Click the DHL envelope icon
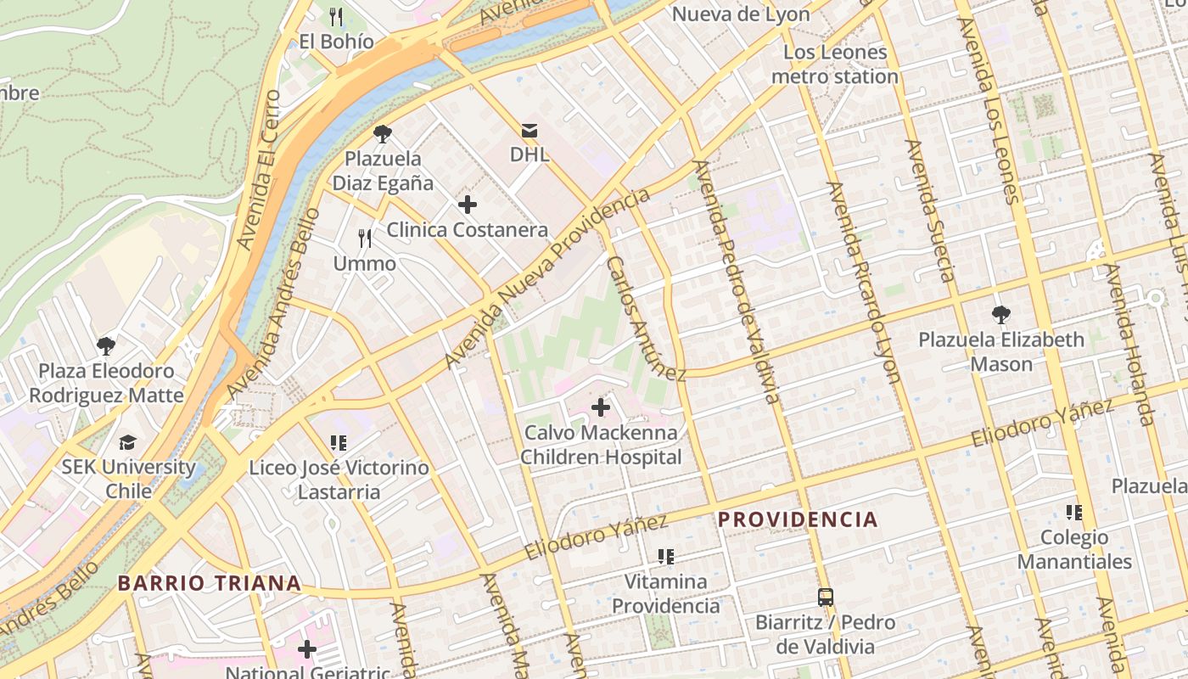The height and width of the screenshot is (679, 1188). point(530,131)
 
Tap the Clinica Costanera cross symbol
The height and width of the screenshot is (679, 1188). point(467,205)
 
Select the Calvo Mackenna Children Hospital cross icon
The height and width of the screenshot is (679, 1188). point(601,407)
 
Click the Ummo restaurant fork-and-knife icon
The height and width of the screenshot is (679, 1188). point(365,238)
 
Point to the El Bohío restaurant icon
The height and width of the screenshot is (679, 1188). point(336,16)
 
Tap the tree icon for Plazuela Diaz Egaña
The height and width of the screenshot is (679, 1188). point(383,133)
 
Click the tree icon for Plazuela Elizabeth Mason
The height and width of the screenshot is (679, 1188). point(1001,315)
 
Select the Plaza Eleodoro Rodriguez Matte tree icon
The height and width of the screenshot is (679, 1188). point(106,345)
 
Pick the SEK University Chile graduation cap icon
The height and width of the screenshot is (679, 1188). point(128,442)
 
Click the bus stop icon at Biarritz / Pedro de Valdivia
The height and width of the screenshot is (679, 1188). point(826,597)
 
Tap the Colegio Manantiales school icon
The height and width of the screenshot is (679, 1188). point(1074,513)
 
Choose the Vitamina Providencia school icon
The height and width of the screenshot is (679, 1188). point(666,557)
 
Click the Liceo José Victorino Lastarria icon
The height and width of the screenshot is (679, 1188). point(339,442)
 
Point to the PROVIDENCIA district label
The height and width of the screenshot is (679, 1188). point(798,519)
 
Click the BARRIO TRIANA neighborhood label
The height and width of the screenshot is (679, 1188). point(210,583)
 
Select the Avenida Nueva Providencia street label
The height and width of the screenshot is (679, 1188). point(547,278)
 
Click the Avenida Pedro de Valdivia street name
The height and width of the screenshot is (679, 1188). point(736,282)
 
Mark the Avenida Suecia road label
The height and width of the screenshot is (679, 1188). point(930,210)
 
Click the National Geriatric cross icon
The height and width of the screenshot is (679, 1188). point(307,650)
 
